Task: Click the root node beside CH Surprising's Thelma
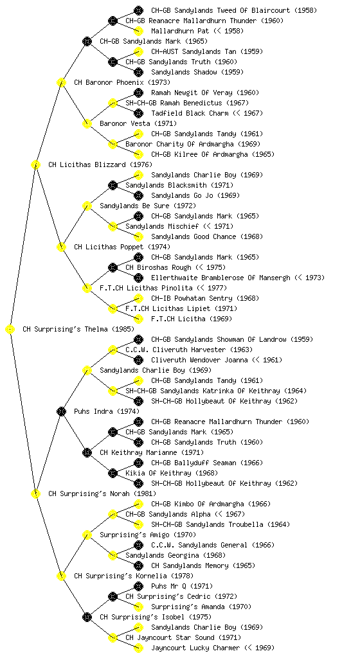pyautogui.click(x=10, y=330)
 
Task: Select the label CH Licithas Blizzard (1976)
pyautogui.click(x=100, y=165)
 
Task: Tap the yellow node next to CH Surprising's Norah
pyautogui.click(x=35, y=494)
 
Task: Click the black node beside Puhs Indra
pyautogui.click(x=61, y=412)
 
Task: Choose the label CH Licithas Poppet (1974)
pyautogui.click(x=122, y=247)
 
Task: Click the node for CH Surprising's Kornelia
pyautogui.click(x=61, y=576)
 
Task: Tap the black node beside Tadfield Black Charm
pyautogui.click(x=138, y=113)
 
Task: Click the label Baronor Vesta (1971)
pyautogui.click(x=138, y=124)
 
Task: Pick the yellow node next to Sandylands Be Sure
pyautogui.click(x=87, y=206)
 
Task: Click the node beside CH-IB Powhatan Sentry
pyautogui.click(x=138, y=298)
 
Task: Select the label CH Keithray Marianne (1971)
pyautogui.click(x=152, y=453)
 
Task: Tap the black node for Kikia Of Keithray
pyautogui.click(x=113, y=474)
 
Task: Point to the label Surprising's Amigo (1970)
pyautogui.click(x=148, y=535)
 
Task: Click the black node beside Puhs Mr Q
pyautogui.click(x=138, y=586)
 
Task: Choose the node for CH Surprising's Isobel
pyautogui.click(x=87, y=618)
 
